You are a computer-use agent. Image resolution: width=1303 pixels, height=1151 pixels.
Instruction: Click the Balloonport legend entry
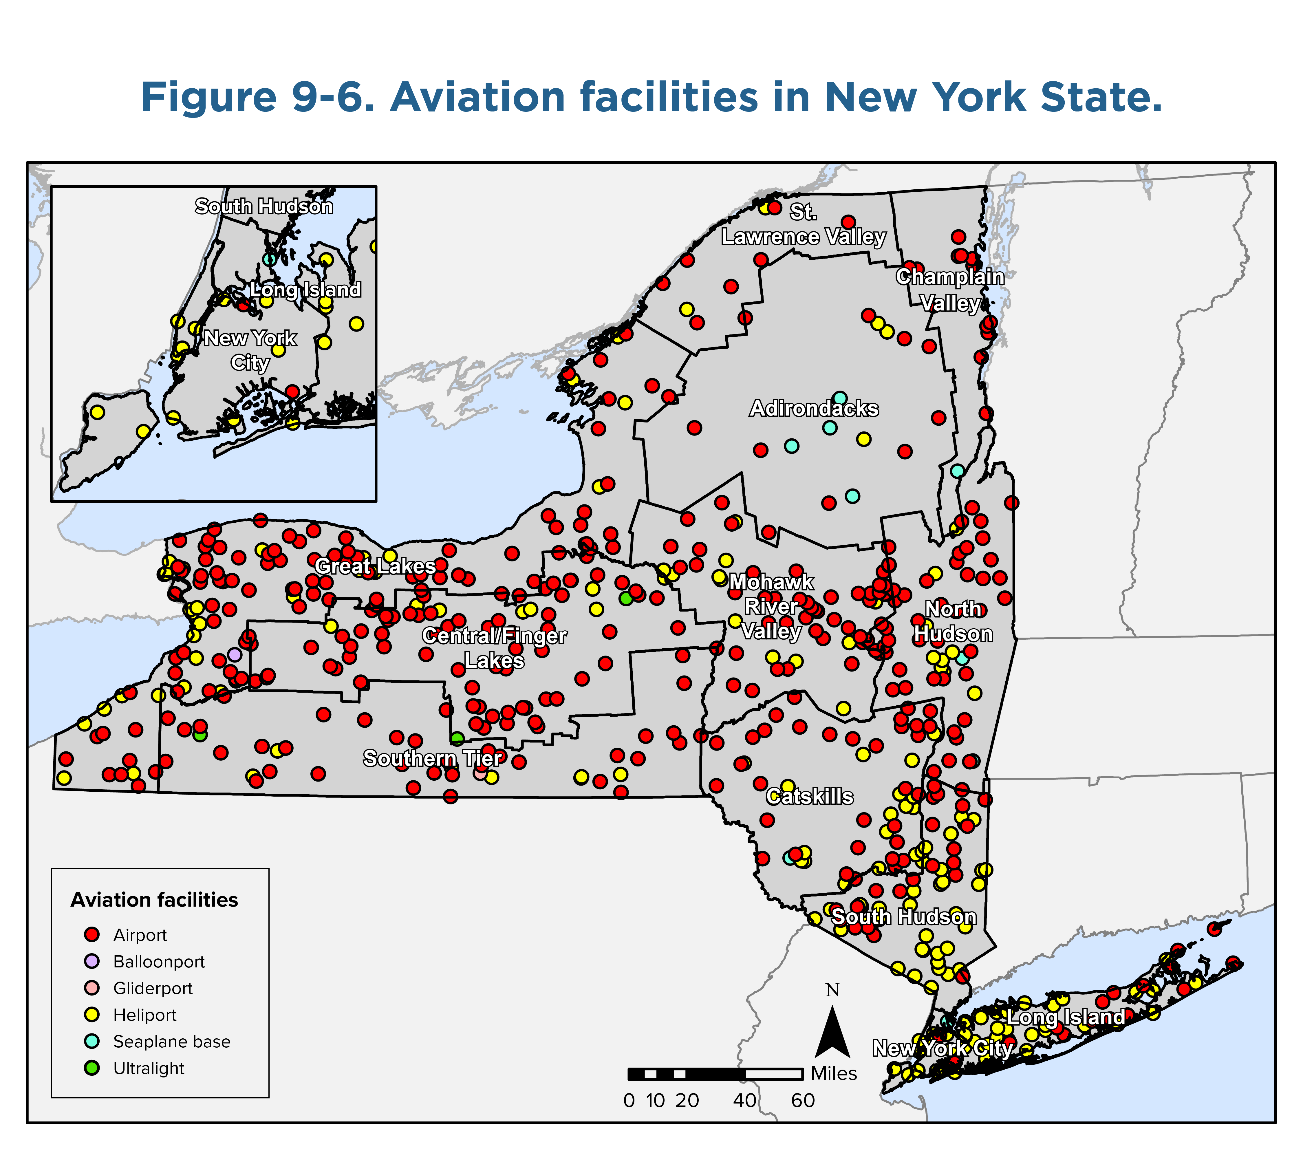coord(159,962)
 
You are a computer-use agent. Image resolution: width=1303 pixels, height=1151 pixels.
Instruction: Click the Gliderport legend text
coord(153,989)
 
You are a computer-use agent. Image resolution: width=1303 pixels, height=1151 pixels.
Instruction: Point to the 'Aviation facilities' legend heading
coord(154,900)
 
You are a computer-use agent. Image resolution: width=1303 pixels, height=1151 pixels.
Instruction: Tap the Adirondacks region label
coord(814,409)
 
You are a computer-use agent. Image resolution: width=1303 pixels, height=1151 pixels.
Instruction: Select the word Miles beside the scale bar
coord(834,1074)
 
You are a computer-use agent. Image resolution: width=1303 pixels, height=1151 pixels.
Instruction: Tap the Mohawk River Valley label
coord(771,606)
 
